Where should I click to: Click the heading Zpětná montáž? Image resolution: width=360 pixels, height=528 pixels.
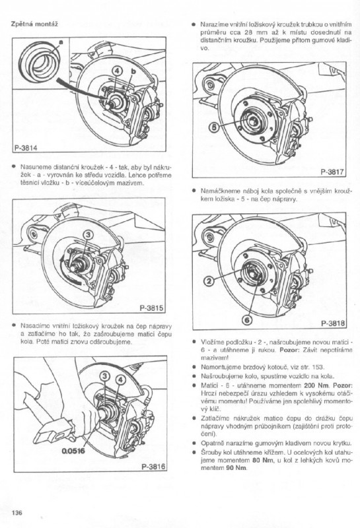click(34, 24)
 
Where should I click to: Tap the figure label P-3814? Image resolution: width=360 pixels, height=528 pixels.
click(26, 147)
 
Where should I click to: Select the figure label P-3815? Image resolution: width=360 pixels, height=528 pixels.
click(151, 308)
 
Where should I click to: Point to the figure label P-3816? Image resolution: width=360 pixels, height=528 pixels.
click(153, 467)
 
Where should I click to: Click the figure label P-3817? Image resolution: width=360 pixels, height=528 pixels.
click(332, 172)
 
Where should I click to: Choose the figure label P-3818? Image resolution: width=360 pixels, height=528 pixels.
click(333, 323)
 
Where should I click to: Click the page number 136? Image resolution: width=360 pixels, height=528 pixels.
click(17, 513)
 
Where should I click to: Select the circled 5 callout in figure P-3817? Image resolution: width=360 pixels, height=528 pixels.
click(214, 127)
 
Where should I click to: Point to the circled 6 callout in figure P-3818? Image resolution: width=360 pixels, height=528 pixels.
click(247, 320)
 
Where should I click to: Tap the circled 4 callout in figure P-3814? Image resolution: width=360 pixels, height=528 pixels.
click(116, 71)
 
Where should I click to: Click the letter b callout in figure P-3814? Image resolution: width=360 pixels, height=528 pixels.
click(133, 71)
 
